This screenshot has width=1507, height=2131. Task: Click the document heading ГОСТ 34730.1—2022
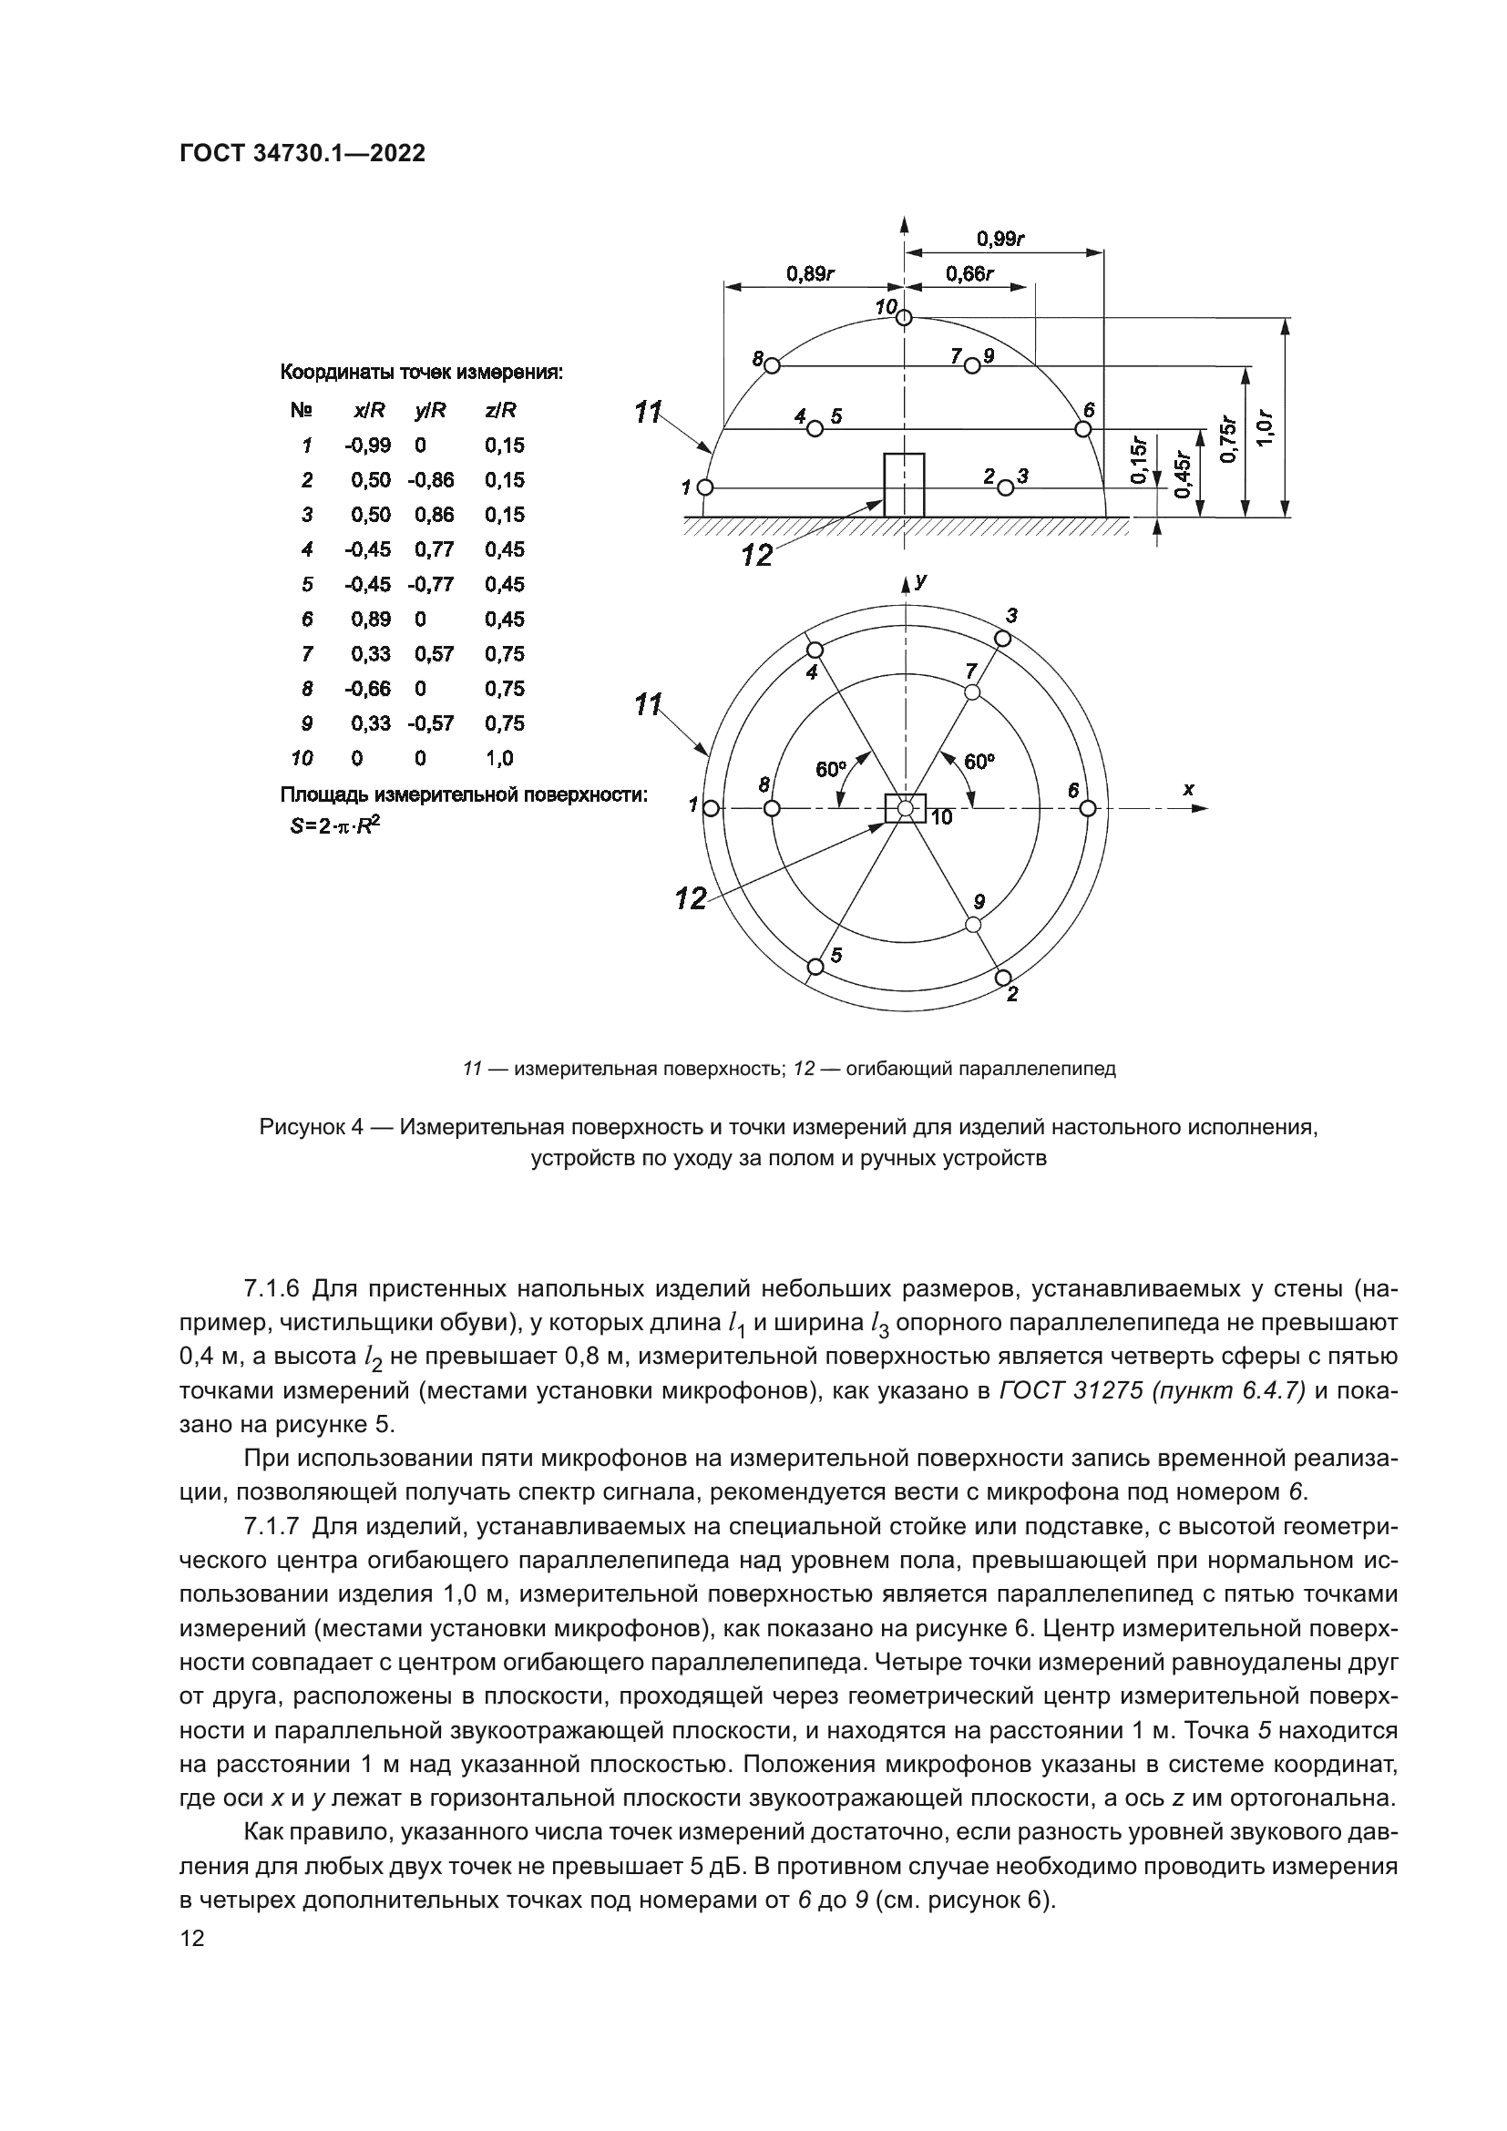(302, 154)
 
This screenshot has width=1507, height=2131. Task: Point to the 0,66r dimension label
(969, 274)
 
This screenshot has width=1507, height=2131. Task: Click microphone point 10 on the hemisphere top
(905, 318)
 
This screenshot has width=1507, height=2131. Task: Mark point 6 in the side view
(1082, 429)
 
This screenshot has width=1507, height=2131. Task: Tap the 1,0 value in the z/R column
(498, 758)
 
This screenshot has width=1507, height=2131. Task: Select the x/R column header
(363, 410)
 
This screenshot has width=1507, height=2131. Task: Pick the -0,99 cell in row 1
(367, 446)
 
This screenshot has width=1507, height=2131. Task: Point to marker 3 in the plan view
(1002, 638)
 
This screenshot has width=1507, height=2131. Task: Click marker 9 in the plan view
(972, 925)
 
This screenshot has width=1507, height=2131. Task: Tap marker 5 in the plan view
(815, 968)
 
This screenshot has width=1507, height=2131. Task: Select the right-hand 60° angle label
(978, 762)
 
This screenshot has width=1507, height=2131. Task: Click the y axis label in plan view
(919, 582)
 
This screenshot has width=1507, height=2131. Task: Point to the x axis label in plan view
(1188, 789)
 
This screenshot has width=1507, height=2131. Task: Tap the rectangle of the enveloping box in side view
(904, 485)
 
